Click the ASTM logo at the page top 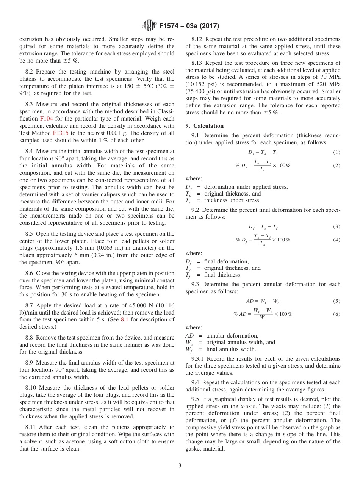(149, 26)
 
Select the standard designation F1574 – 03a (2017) (189, 26)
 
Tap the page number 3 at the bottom (180, 465)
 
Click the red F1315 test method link (61, 133)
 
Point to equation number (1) (337, 152)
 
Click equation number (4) (337, 240)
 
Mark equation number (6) (337, 314)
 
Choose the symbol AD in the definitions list (190, 336)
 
